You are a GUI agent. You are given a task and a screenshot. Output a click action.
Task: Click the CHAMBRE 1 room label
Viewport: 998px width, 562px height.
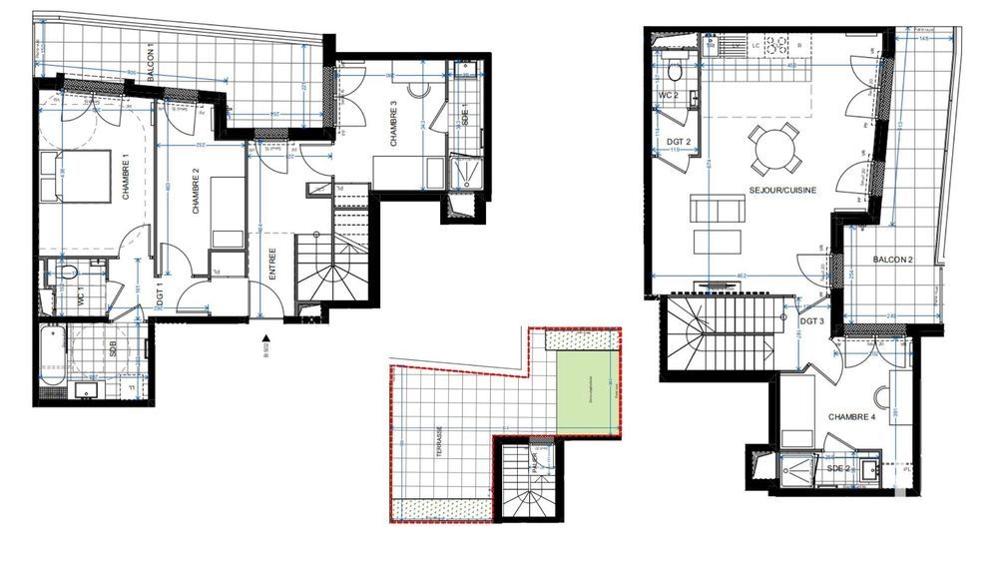tap(127, 180)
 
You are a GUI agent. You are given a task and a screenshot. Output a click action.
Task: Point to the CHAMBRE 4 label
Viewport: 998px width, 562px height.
tap(851, 417)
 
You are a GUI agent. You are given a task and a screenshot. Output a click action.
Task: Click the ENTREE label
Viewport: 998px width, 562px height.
tap(271, 269)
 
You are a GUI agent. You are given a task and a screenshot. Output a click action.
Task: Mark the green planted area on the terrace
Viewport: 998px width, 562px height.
tap(588, 395)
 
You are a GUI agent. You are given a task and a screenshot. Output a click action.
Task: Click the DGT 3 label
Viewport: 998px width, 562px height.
tap(811, 321)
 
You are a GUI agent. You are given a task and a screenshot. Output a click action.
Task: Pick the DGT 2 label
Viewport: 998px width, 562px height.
tap(676, 143)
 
